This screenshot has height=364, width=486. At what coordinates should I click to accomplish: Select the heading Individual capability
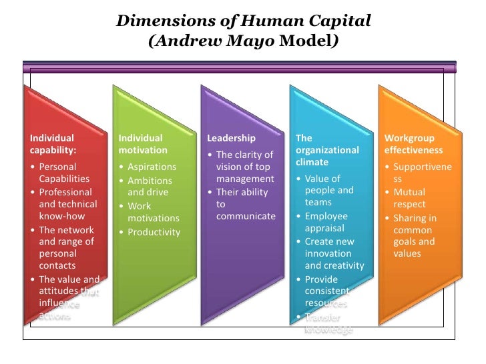coord(53,144)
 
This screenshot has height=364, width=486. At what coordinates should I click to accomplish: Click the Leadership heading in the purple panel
coord(231,138)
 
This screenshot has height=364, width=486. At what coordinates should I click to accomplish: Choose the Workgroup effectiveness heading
coord(409,144)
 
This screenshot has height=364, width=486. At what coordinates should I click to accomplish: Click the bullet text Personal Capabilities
coord(63,173)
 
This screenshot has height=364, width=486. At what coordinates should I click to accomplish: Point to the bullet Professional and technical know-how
coord(67,204)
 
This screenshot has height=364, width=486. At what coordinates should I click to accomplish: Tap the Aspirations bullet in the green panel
coord(152,167)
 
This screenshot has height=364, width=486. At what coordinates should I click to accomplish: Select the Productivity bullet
coord(154,232)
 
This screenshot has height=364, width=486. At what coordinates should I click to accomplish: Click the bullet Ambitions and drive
coord(150,187)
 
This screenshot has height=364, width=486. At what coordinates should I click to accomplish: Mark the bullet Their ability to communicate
coord(245,204)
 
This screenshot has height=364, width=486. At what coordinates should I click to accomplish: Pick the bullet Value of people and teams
coord(328,191)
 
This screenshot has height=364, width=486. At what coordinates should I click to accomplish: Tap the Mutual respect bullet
coord(409,199)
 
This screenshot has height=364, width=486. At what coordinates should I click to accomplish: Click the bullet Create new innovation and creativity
coord(334,253)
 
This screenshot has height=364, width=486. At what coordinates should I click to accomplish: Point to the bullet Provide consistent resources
coord(327,291)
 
